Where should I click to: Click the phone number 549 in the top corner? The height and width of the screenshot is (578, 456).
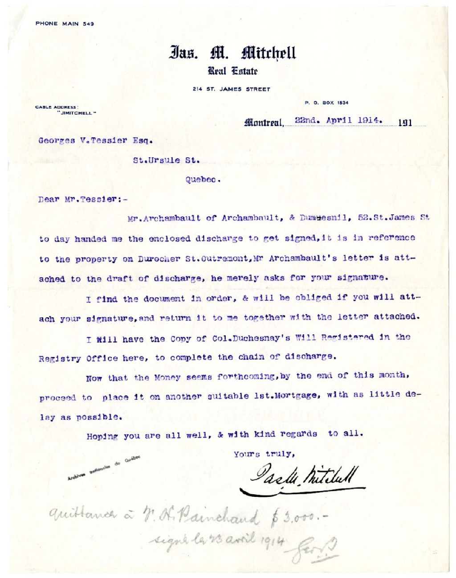[88, 24]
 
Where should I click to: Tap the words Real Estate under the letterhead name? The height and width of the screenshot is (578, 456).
[232, 71]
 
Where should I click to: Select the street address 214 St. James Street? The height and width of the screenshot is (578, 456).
[231, 89]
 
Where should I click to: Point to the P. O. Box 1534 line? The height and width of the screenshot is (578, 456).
[326, 103]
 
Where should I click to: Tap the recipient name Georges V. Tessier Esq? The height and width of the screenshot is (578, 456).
[95, 140]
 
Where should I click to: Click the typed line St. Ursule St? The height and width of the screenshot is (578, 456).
[166, 160]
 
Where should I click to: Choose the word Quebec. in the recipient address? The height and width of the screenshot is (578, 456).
[203, 180]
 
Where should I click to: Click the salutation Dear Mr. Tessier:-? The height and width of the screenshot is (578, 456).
[83, 199]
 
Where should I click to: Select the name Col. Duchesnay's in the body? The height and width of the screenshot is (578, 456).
[251, 338]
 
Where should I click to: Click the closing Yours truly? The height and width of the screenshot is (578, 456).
[264, 454]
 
